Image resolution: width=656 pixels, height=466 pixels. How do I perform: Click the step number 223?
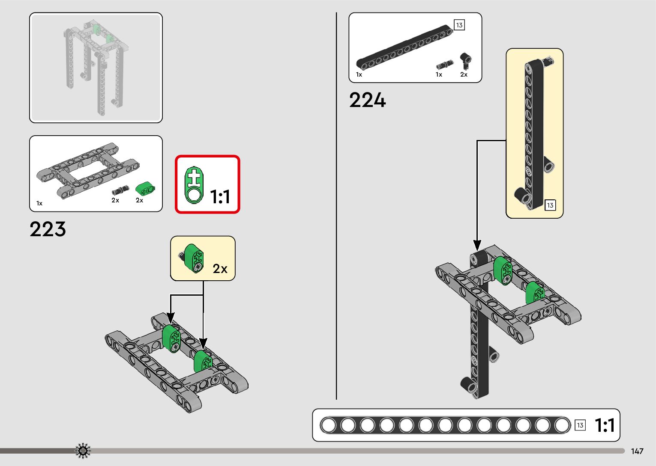pos(48,229)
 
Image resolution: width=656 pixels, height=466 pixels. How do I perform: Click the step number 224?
pos(367,101)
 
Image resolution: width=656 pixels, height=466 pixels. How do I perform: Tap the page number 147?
pos(637,451)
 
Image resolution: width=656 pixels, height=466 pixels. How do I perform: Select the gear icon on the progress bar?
pos(83,451)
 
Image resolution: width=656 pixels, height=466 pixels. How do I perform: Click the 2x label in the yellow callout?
pos(220,269)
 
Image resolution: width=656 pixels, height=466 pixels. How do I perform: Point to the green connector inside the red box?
pos(194,185)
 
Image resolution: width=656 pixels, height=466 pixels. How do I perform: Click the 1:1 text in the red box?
pos(220,197)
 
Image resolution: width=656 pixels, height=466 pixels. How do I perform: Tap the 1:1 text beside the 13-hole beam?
pos(605,425)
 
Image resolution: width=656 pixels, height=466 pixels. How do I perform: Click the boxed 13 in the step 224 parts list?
pos(459,25)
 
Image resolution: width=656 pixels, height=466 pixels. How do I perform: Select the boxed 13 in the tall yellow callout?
pos(550,205)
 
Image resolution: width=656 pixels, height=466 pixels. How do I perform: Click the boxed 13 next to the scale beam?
pos(580,425)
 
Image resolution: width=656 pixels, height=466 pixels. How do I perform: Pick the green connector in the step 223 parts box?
pos(145,189)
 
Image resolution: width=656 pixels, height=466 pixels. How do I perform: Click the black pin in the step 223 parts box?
pos(120,190)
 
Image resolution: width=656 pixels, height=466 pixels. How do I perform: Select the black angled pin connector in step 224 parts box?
pos(465,60)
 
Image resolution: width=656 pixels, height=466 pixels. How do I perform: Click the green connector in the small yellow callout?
pos(194,258)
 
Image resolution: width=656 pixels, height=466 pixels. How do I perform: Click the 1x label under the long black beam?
pos(359,74)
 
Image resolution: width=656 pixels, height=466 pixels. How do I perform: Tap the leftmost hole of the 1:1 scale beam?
pos(329,425)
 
